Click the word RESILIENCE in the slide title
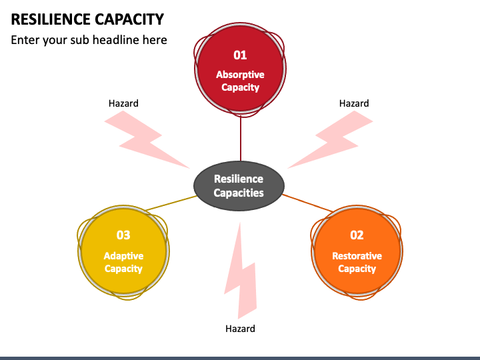point(51,19)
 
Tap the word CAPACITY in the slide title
point(129,19)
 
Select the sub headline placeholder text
point(89,40)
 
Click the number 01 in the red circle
point(240,55)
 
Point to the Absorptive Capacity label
point(240,81)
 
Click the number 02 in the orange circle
point(357,235)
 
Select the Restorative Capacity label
point(357,262)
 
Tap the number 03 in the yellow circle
point(123,235)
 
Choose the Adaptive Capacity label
point(123,262)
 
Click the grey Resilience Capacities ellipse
point(239,186)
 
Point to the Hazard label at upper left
point(123,103)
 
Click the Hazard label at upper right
point(354,103)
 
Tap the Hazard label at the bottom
point(240,329)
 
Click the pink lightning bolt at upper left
point(144,139)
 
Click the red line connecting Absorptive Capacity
point(241,139)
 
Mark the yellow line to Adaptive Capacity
point(171,203)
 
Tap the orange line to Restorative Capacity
point(307,203)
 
